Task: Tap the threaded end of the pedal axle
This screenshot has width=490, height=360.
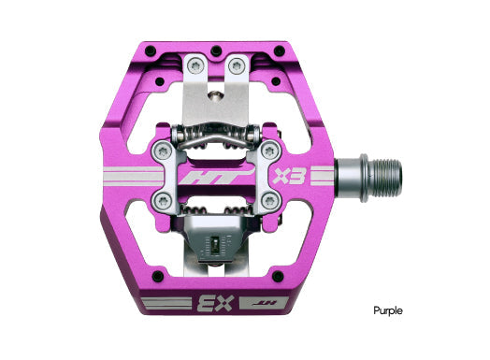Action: tap(386, 173)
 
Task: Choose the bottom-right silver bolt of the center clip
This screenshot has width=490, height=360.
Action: tap(269, 200)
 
